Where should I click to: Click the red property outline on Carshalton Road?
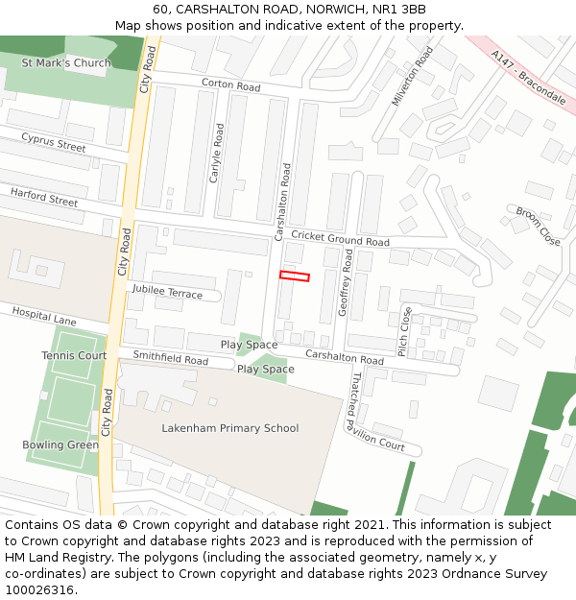coord(295,276)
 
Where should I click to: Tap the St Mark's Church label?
coord(66,63)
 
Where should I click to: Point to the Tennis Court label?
coord(74,356)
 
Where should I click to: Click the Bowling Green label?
coord(60,445)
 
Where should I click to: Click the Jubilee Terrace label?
coord(167,292)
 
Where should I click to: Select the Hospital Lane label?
coord(44,317)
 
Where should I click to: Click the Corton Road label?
coord(230,86)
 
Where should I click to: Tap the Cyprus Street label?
coord(54,143)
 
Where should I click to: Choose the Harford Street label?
coord(44,198)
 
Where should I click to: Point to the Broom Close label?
coord(538,227)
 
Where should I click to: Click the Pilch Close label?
coord(406,332)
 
